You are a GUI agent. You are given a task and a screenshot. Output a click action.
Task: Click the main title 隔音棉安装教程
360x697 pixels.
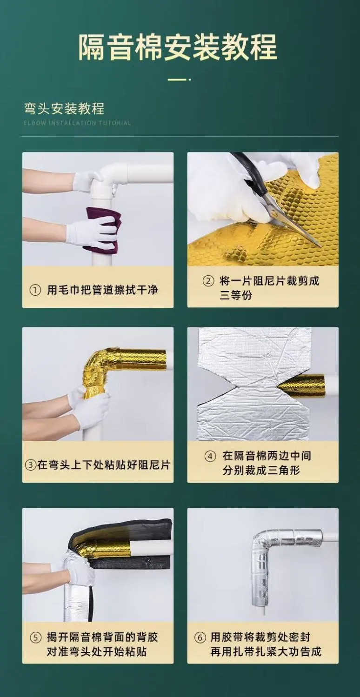(178, 47)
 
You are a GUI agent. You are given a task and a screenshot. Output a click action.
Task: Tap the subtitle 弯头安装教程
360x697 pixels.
(64, 109)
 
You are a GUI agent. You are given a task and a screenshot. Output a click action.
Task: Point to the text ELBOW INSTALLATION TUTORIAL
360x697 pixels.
(78, 123)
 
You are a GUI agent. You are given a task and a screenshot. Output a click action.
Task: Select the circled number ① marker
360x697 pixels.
(35, 290)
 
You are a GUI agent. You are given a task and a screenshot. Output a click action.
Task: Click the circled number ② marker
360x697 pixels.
(208, 281)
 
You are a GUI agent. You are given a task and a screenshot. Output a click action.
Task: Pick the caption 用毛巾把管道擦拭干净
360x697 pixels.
(103, 290)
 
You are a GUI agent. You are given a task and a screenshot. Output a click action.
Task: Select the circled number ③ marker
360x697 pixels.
(31, 465)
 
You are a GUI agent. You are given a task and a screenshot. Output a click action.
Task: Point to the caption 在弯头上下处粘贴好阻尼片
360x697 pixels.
(104, 465)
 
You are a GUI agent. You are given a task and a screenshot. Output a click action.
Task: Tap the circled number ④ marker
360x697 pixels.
(210, 457)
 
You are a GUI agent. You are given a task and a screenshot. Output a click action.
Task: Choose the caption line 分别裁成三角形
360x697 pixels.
(261, 471)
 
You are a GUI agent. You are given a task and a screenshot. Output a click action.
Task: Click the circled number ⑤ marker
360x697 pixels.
(35, 637)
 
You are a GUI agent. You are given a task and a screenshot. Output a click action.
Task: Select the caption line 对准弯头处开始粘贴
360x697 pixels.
(97, 651)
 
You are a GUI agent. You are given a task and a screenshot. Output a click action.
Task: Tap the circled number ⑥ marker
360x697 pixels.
(200, 637)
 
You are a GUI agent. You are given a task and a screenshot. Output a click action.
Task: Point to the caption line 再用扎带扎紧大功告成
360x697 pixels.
(266, 651)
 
